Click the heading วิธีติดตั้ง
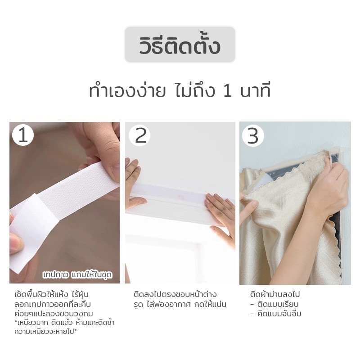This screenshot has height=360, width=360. pos(180,45)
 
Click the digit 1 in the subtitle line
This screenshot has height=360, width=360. pos(228,91)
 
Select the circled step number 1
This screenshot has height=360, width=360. pos(23,135)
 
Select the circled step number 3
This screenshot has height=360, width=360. pos(253,135)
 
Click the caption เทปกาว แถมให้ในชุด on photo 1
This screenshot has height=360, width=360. pos(77,274)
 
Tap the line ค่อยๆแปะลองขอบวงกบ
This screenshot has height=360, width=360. pos(57,314)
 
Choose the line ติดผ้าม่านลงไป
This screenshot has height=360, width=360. pos(274,295)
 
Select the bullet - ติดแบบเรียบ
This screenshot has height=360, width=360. pos(274,304)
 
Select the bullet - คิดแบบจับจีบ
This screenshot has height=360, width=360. pos(276,314)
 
